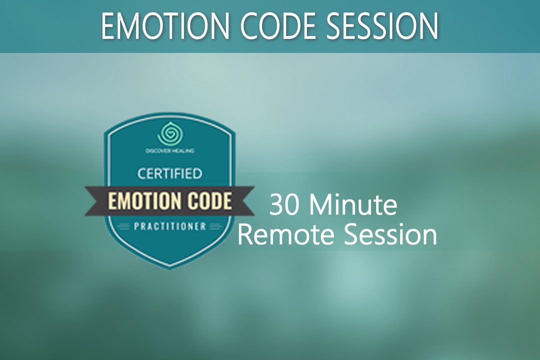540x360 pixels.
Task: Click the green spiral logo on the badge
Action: point(169,133)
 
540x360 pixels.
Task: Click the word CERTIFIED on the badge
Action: point(169,174)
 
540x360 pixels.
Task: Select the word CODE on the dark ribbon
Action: point(209,201)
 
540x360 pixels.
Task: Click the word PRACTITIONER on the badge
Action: point(169,226)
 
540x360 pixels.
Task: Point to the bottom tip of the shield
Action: point(169,267)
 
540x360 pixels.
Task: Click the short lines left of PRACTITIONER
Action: point(122,226)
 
